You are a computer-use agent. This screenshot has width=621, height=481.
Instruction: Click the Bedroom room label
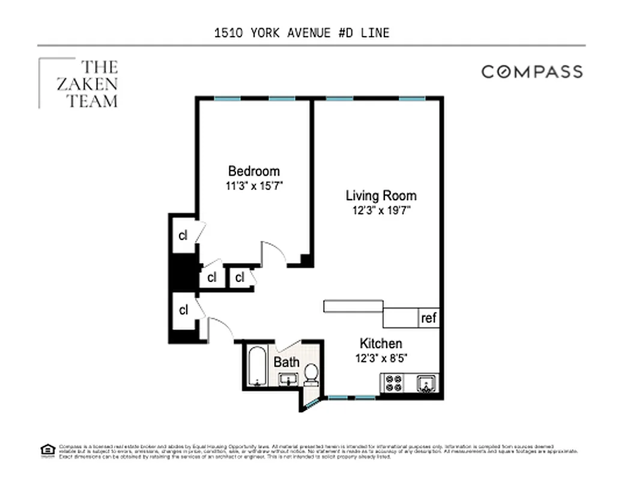click(x=253, y=171)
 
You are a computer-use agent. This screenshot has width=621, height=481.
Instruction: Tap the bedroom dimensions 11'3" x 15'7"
click(x=253, y=186)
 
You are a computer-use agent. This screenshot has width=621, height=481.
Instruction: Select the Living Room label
click(x=381, y=195)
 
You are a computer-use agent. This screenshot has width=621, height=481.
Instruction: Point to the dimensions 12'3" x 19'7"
click(x=381, y=211)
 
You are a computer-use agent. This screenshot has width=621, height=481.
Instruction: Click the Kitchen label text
click(x=381, y=343)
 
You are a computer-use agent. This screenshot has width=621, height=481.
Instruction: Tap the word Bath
click(x=286, y=363)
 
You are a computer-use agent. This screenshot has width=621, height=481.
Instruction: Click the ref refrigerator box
click(x=429, y=318)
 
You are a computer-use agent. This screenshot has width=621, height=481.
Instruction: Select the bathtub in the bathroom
click(x=256, y=366)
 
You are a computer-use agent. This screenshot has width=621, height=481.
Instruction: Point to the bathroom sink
click(x=288, y=379)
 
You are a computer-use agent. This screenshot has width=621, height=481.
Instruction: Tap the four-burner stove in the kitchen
click(x=393, y=383)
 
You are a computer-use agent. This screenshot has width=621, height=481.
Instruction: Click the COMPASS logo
click(x=532, y=72)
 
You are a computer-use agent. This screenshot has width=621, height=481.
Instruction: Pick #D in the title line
click(x=345, y=32)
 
